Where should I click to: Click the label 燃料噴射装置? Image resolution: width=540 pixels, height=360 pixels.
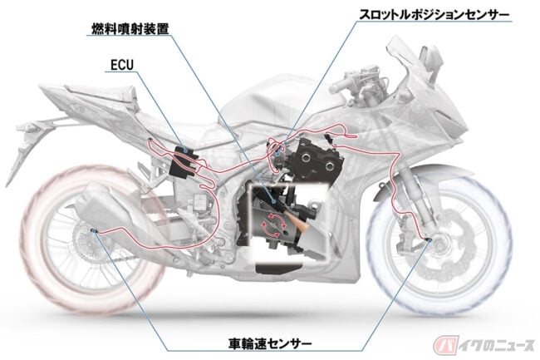tap(130, 29)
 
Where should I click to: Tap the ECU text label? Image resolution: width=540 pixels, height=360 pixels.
tap(122, 65)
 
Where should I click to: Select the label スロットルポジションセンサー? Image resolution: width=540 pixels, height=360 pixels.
tap(434, 15)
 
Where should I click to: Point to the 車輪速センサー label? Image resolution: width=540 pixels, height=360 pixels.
tap(270, 343)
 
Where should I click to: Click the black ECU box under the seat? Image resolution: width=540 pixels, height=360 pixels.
tap(184, 161)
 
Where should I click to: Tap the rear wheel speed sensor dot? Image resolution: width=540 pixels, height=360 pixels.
tap(94, 230)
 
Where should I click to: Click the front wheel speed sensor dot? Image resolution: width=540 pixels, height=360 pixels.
tap(430, 239)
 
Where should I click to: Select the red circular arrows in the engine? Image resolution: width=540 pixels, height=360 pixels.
tap(274, 225)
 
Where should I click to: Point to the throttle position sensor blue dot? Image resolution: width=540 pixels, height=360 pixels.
tap(277, 154)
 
